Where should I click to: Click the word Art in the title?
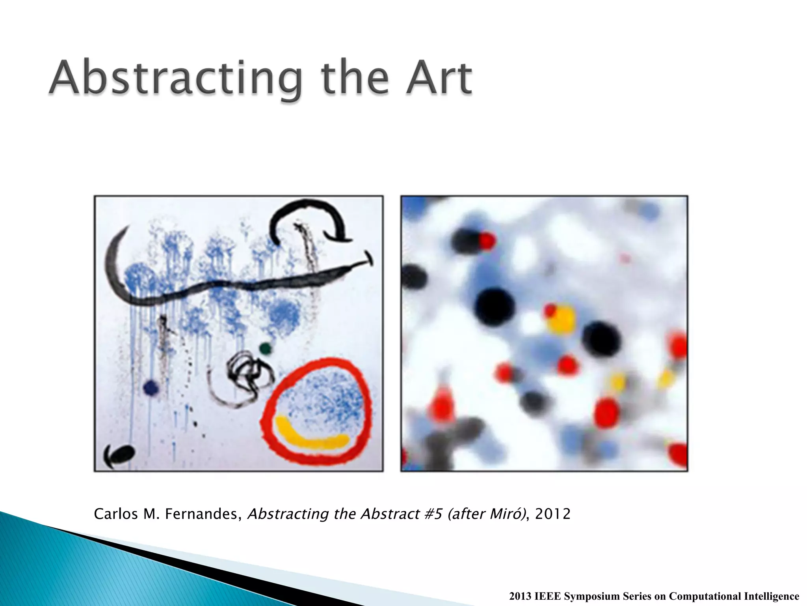[x=440, y=77]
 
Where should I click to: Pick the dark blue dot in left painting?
[x=151, y=387]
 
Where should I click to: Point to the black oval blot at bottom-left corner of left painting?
[x=120, y=454]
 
